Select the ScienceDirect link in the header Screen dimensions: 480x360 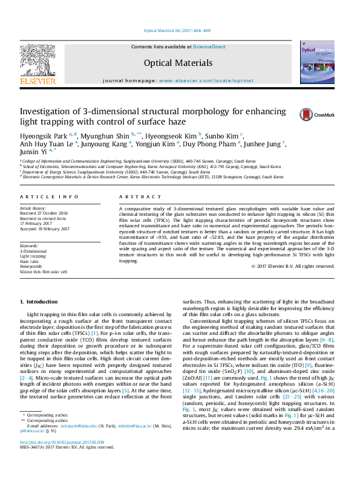210,47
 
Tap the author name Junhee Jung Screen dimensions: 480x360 266,144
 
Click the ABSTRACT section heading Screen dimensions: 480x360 140,197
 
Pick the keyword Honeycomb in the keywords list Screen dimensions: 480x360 31,266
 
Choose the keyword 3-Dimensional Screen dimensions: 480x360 33,250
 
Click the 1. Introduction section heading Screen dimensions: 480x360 39,301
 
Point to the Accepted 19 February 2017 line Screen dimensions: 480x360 45,228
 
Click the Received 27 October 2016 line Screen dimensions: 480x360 44,212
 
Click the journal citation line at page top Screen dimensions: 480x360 177,30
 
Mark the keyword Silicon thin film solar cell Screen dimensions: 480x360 44,271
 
